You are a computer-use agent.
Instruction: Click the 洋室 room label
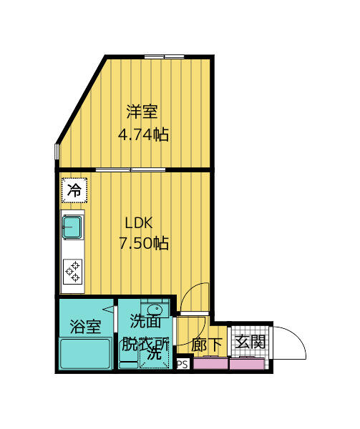pyautogui.click(x=142, y=112)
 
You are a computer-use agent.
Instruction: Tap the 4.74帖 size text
pyautogui.click(x=143, y=134)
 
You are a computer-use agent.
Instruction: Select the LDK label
pyautogui.click(x=140, y=221)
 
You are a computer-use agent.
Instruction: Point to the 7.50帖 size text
pyautogui.click(x=143, y=243)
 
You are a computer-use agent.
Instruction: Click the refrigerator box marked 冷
pyautogui.click(x=74, y=190)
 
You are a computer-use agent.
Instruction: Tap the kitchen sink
pyautogui.click(x=72, y=227)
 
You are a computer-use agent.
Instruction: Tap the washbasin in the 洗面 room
pyautogui.click(x=154, y=307)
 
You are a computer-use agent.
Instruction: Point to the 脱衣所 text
pyautogui.click(x=145, y=344)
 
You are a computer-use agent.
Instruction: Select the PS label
pyautogui.click(x=182, y=364)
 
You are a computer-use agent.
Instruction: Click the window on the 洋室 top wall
pyautogui.click(x=164, y=56)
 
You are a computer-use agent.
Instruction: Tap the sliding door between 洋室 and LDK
pyautogui.click(x=131, y=169)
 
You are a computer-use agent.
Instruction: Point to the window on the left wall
pyautogui.click(x=56, y=154)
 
